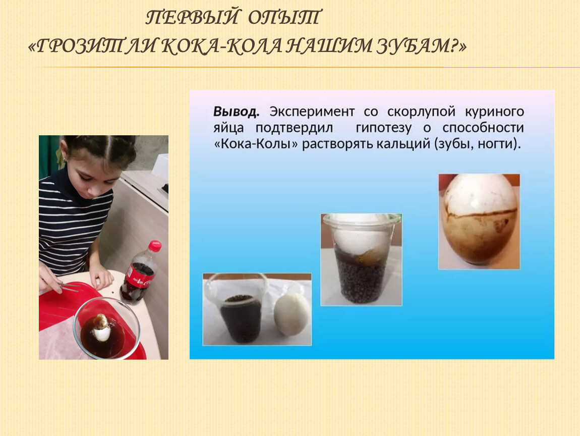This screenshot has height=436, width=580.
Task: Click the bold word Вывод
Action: pos(236,112)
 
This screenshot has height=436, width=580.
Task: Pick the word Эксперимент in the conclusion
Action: pos(312,112)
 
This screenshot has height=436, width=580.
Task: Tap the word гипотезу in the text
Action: pos(384,128)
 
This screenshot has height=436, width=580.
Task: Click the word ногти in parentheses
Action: pos(497,144)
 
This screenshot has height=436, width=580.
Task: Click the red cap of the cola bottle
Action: pos(155,246)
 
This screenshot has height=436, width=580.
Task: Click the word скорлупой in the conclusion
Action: pos(421,112)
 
